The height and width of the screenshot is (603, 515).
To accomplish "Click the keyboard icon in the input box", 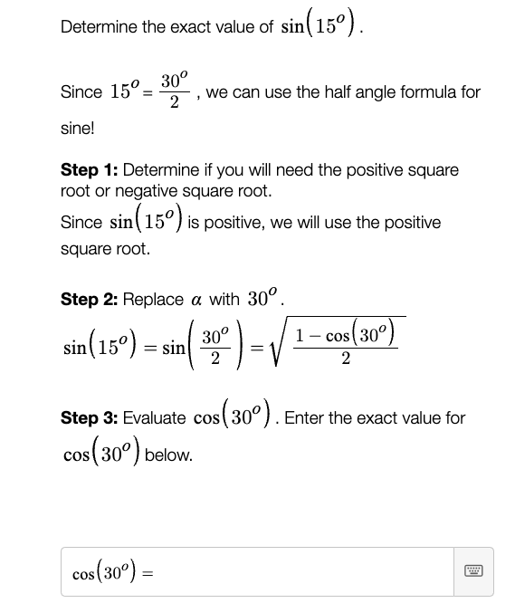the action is (x=475, y=572).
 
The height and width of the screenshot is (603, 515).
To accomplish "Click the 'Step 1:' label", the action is (x=89, y=170).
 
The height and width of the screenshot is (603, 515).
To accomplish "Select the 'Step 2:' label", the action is (x=89, y=299).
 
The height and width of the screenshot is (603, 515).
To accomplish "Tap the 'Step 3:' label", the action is (x=89, y=418).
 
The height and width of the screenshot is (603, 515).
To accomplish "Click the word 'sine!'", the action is (x=78, y=129).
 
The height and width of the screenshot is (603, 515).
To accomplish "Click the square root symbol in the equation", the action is (x=280, y=344).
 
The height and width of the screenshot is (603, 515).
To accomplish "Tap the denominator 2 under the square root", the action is (x=347, y=360).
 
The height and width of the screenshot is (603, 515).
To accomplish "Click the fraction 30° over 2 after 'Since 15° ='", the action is (x=175, y=92).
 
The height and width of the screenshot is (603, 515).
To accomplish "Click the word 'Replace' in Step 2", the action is (x=153, y=299).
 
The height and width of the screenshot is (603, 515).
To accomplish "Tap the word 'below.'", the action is (x=168, y=455).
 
